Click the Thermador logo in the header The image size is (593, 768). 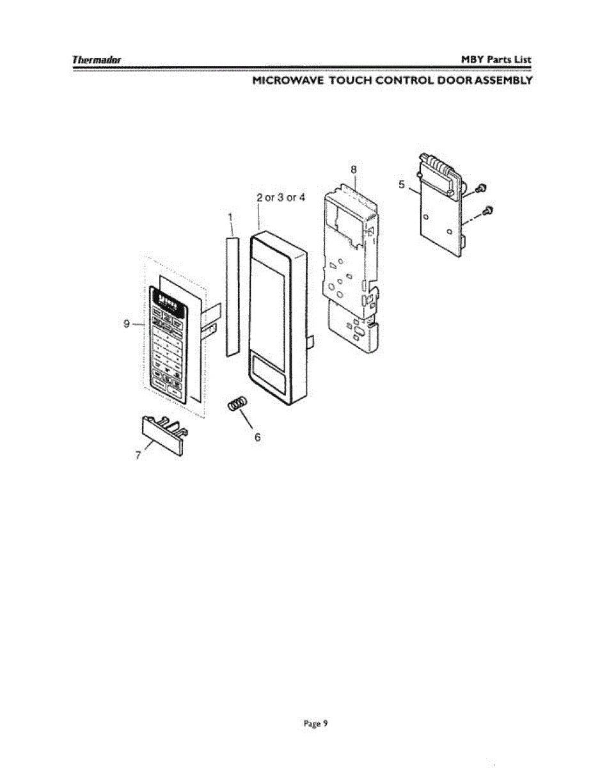pos(97,60)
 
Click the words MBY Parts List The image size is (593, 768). pos(496,60)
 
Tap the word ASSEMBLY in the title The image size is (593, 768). pos(503,81)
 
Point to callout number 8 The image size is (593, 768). pos(354,170)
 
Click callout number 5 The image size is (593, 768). pos(402,184)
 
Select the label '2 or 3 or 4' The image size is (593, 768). pos(281,197)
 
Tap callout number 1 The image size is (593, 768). pos(230,217)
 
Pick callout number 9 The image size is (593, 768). pos(127,324)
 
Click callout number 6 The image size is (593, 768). pos(258,437)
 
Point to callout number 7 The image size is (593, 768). pos(138,456)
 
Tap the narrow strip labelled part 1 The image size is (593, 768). pos(232,296)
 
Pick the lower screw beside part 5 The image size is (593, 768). pos(489,211)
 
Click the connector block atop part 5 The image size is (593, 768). pos(436,168)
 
